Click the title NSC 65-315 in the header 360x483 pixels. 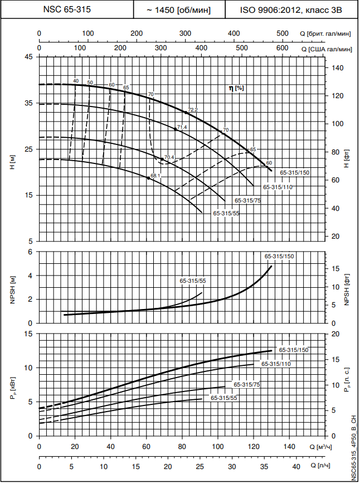click(x=67, y=9)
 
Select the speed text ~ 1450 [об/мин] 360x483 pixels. click(x=178, y=9)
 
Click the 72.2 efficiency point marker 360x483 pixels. click(x=186, y=113)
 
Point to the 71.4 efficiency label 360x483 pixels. click(x=182, y=127)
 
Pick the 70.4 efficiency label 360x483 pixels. click(x=169, y=157)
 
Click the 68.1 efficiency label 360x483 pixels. click(x=155, y=176)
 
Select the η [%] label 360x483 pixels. click(x=236, y=88)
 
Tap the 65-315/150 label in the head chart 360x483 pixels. click(x=295, y=173)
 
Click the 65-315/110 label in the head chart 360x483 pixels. click(x=278, y=187)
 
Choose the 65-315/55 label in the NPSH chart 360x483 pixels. click(x=192, y=280)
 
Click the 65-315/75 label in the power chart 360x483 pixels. click(x=247, y=384)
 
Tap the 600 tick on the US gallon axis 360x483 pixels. click(x=283, y=49)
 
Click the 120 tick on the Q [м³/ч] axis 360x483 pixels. click(x=254, y=447)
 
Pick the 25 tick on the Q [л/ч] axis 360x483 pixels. click(x=199, y=466)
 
